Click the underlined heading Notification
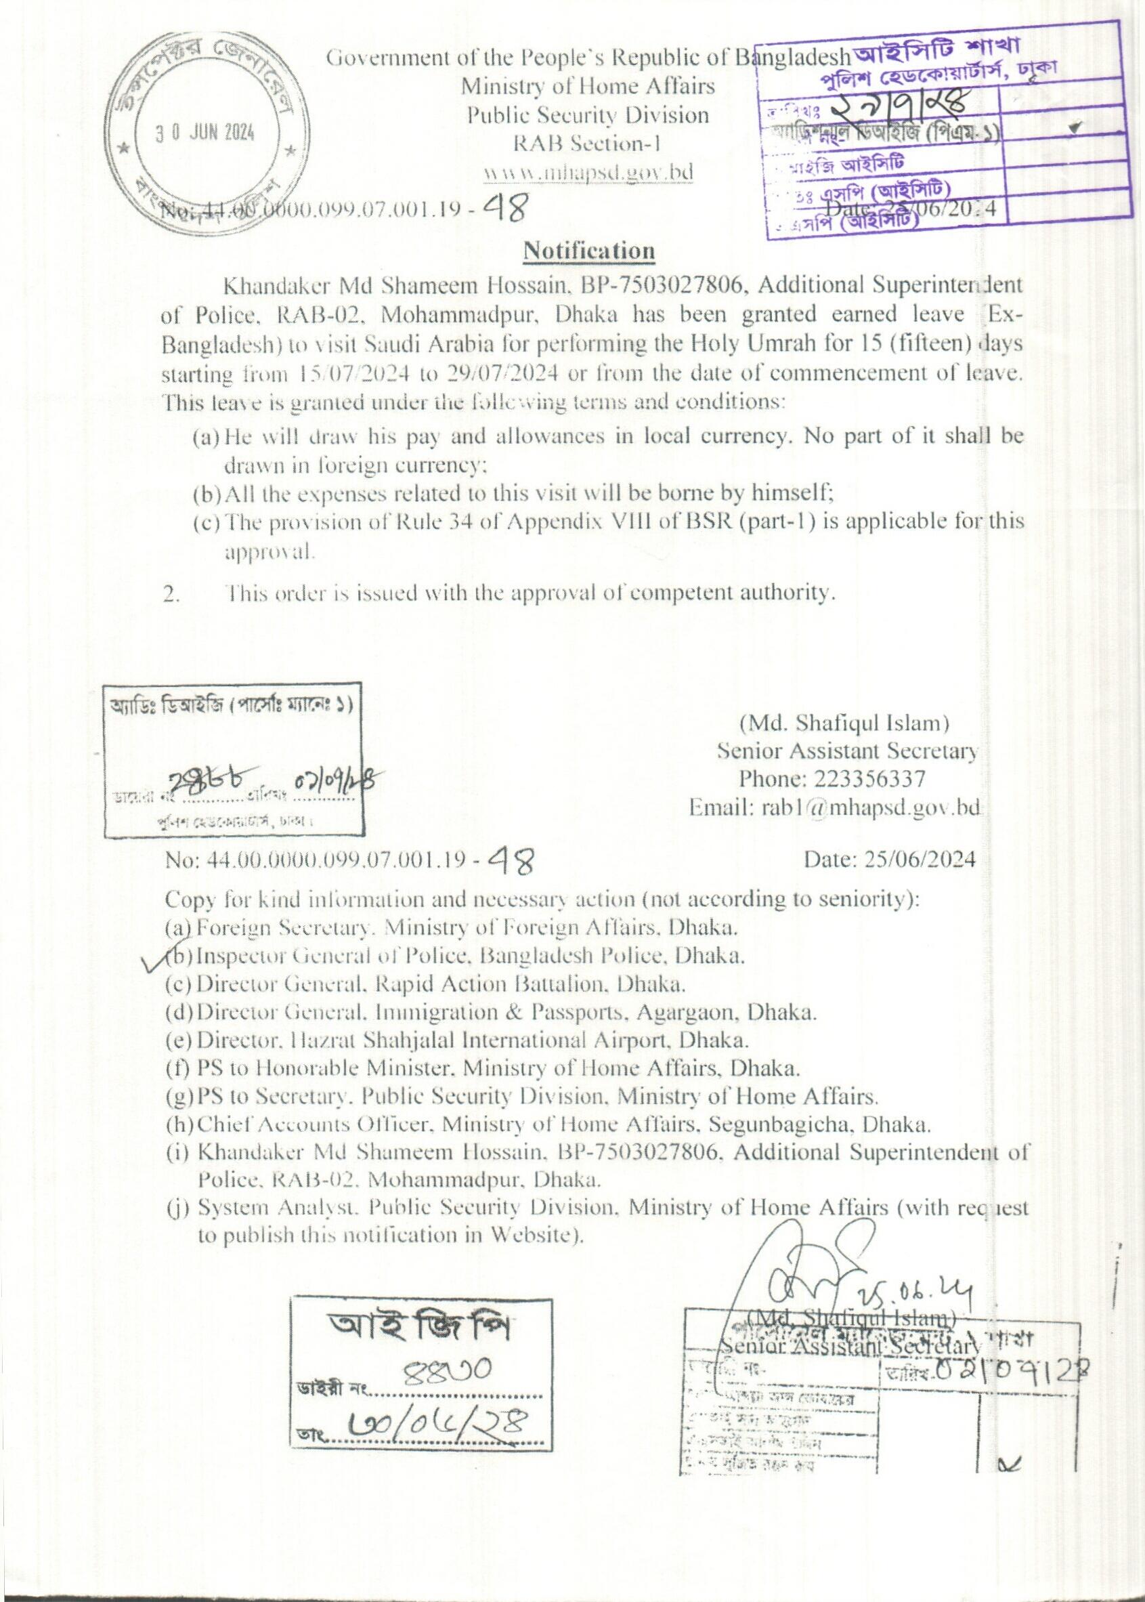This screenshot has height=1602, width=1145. [588, 251]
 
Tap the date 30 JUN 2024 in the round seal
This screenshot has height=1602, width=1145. [205, 133]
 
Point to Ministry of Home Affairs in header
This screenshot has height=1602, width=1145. [587, 87]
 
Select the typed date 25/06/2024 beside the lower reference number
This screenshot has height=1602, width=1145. [889, 859]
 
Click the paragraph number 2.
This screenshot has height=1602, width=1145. [172, 593]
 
